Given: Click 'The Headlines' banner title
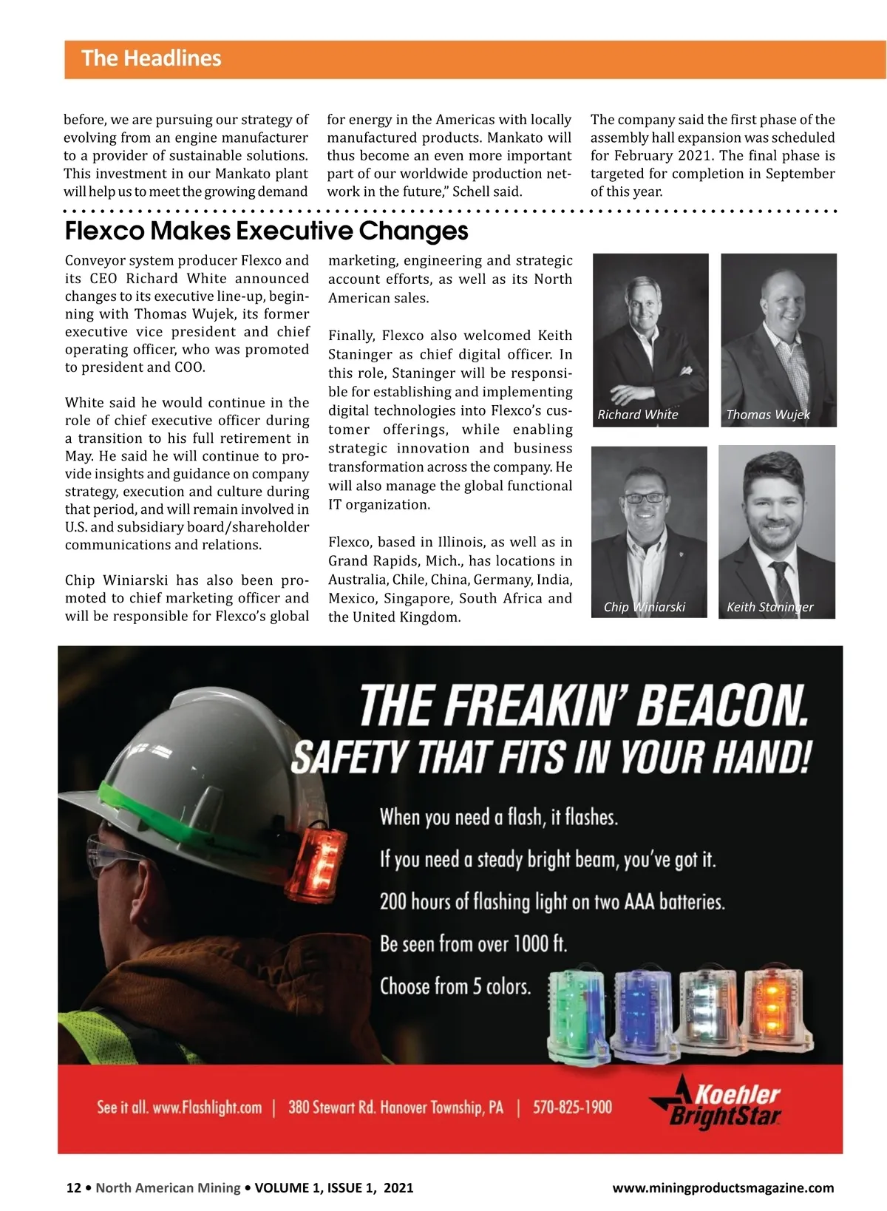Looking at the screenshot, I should point(151,58).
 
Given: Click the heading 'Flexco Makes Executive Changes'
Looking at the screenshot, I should point(266,231).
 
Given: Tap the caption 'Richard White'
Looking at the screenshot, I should point(637,415).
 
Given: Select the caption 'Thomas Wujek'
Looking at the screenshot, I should point(767,415).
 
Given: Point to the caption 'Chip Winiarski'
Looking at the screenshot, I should point(644,607).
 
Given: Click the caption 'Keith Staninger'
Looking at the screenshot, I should point(769,607).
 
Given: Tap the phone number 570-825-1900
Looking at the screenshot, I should point(572,1107).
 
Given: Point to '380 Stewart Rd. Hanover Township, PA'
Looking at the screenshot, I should point(395,1107).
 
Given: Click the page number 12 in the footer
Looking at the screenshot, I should point(73,1188).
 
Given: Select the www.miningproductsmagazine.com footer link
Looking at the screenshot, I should point(723,1188).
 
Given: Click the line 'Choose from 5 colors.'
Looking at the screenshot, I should point(455,986).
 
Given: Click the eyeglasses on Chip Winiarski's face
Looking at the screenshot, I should point(643,498).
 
